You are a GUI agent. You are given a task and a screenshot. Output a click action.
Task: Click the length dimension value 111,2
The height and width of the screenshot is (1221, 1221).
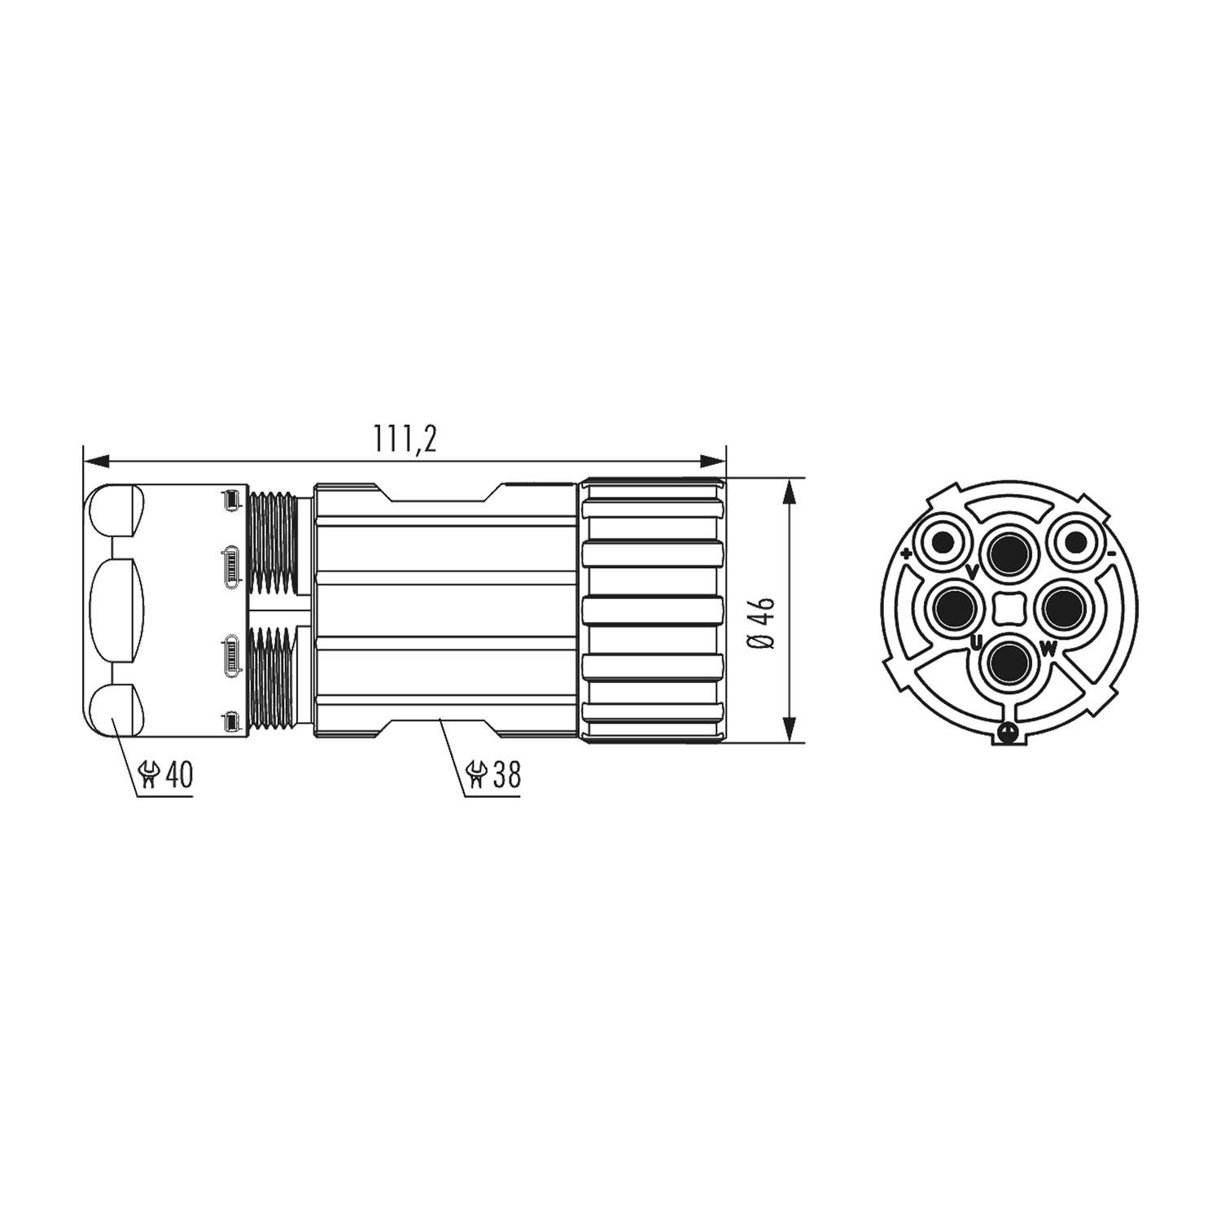[x=405, y=440]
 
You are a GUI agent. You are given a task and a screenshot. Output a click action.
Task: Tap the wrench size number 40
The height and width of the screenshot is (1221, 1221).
[x=179, y=775]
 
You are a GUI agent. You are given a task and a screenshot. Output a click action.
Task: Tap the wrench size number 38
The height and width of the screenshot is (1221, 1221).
[x=505, y=775]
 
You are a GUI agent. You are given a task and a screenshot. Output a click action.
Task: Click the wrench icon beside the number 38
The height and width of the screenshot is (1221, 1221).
[x=476, y=775]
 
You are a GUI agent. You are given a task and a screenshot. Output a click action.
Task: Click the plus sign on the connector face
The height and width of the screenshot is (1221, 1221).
[x=907, y=555]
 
